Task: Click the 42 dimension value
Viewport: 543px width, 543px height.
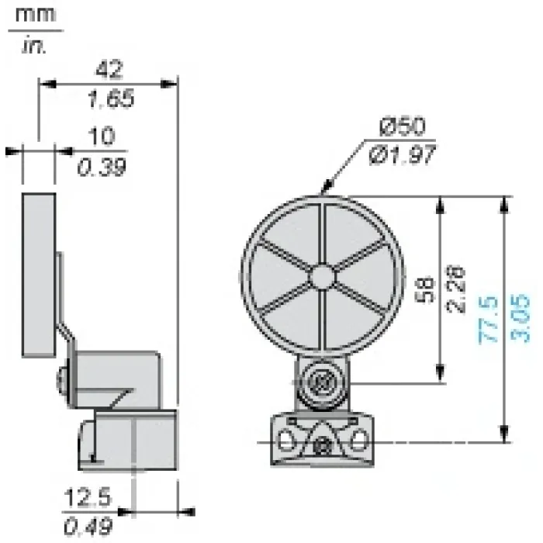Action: [109, 69]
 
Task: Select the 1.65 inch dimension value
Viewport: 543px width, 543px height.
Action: [111, 99]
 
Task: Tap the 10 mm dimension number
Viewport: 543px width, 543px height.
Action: [101, 136]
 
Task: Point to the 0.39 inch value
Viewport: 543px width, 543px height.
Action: [102, 168]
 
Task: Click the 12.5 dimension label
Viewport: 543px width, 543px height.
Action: [88, 497]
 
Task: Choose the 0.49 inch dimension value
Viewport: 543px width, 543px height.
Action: [88, 527]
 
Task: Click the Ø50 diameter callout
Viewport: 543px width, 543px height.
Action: [403, 126]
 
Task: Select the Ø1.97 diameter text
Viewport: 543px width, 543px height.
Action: [403, 154]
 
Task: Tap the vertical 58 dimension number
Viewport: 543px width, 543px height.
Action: [424, 289]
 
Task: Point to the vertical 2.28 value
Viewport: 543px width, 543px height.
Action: [455, 289]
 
